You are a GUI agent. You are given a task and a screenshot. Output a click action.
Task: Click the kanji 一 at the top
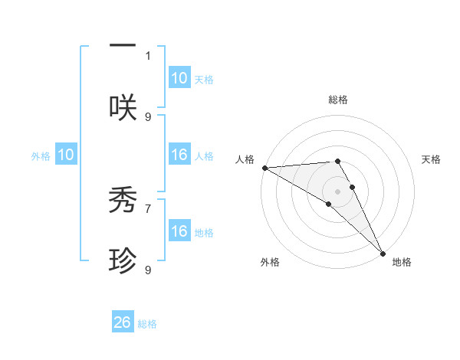[123, 46]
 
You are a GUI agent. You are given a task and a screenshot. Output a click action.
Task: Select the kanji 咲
[123, 106]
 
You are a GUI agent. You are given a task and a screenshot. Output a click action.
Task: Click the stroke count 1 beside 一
[148, 55]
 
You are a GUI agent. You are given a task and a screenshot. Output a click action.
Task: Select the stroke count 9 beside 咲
[148, 116]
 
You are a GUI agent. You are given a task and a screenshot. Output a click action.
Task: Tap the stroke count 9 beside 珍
[148, 270]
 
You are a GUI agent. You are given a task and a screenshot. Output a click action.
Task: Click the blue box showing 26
[123, 322]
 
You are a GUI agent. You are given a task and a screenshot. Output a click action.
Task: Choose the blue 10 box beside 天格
[179, 78]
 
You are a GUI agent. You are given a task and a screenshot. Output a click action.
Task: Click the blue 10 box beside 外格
[66, 155]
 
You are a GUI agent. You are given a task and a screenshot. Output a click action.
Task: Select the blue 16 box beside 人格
[179, 155]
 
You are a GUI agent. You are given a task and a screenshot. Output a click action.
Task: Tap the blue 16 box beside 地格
[179, 231]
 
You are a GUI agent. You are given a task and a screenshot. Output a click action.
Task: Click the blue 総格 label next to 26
[147, 324]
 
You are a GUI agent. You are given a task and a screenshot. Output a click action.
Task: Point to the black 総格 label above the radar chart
[337, 100]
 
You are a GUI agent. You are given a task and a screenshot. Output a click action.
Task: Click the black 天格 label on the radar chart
[431, 159]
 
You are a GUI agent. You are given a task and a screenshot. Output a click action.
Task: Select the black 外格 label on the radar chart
[270, 262]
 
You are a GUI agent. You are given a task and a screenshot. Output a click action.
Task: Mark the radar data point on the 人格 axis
[264, 168]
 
